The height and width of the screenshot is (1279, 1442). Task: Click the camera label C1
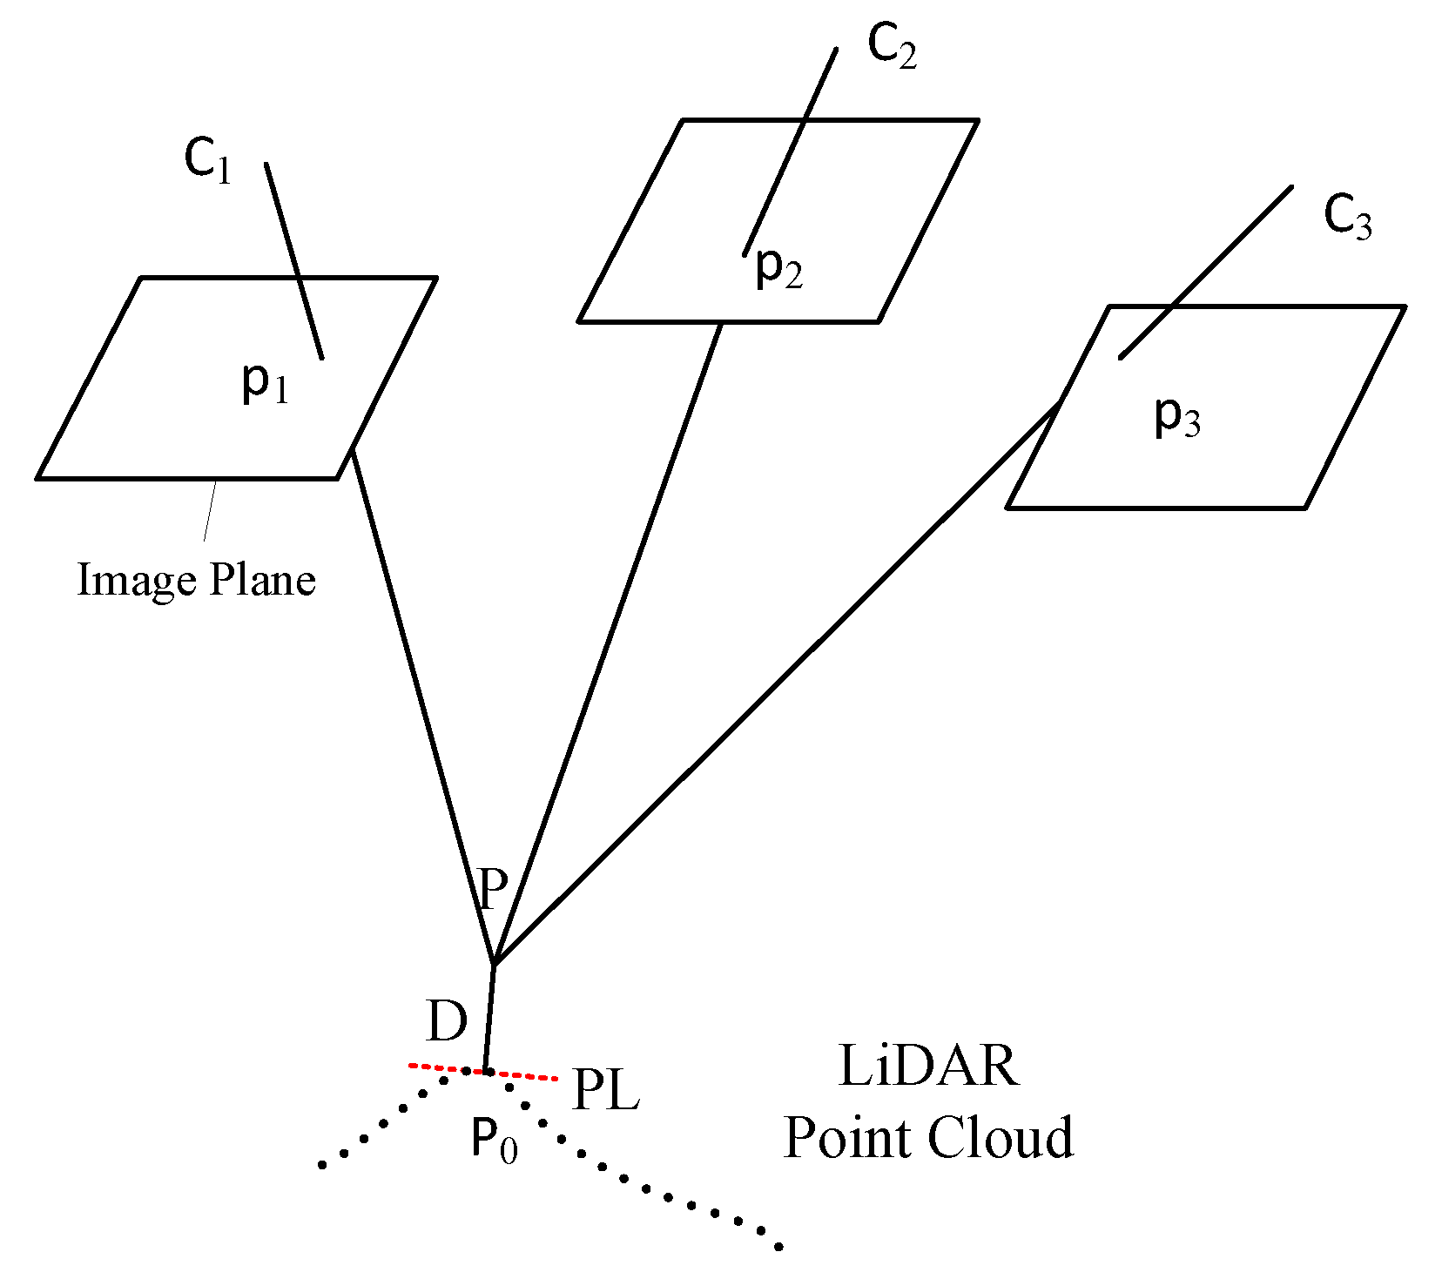click(x=208, y=161)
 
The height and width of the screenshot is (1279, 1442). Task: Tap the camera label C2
click(x=892, y=45)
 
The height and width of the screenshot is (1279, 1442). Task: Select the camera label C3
click(x=1347, y=216)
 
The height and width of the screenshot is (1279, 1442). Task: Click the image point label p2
click(x=778, y=266)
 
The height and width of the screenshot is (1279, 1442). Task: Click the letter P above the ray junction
click(x=493, y=889)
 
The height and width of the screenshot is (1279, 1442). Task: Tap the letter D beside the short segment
click(x=447, y=1021)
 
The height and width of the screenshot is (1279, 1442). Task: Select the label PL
click(x=606, y=1090)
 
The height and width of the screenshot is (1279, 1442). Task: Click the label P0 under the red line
click(x=494, y=1140)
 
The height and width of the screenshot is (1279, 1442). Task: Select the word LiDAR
click(x=928, y=1066)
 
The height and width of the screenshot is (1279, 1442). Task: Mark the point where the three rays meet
click(x=494, y=964)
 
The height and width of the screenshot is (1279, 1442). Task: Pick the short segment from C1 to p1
click(x=294, y=261)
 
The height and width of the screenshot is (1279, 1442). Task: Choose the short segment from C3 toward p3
click(x=1205, y=272)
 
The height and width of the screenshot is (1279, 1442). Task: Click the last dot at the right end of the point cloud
click(x=778, y=1247)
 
